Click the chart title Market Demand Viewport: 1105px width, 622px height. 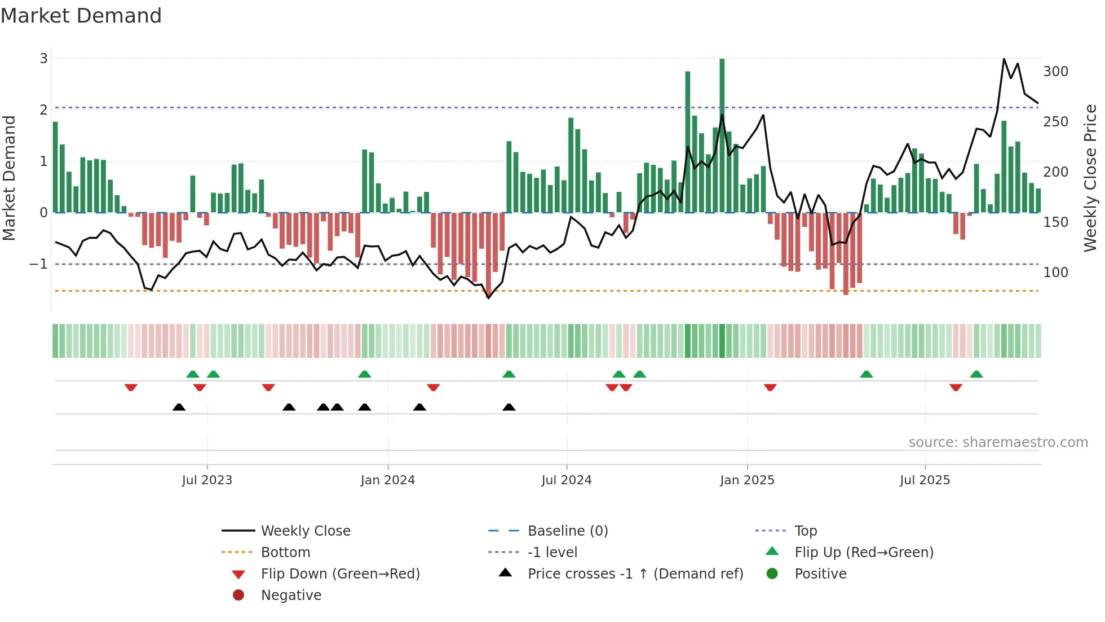[81, 16]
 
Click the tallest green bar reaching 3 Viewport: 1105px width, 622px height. [722, 135]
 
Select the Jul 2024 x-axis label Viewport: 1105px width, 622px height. [566, 480]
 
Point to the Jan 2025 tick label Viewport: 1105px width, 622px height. [747, 480]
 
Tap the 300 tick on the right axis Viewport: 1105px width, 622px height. [1055, 72]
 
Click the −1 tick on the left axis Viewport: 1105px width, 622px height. [38, 264]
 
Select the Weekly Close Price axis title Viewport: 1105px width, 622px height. [1090, 178]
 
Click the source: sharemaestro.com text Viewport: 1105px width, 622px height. [998, 443]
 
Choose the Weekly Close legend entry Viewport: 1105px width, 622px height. [305, 531]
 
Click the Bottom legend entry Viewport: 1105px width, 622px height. [285, 553]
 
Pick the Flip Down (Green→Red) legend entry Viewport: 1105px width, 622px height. [340, 574]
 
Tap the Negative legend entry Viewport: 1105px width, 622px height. [291, 595]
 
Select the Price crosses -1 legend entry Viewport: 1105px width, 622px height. [635, 574]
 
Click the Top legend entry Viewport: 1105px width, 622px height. [805, 531]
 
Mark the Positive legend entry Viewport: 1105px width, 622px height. [820, 574]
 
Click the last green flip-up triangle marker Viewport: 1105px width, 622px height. [976, 374]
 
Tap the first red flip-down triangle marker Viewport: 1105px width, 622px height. [131, 387]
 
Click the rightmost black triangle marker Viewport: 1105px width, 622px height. [509, 407]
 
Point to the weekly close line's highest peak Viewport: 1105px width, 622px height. [1004, 59]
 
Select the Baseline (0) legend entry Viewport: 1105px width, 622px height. [567, 531]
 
